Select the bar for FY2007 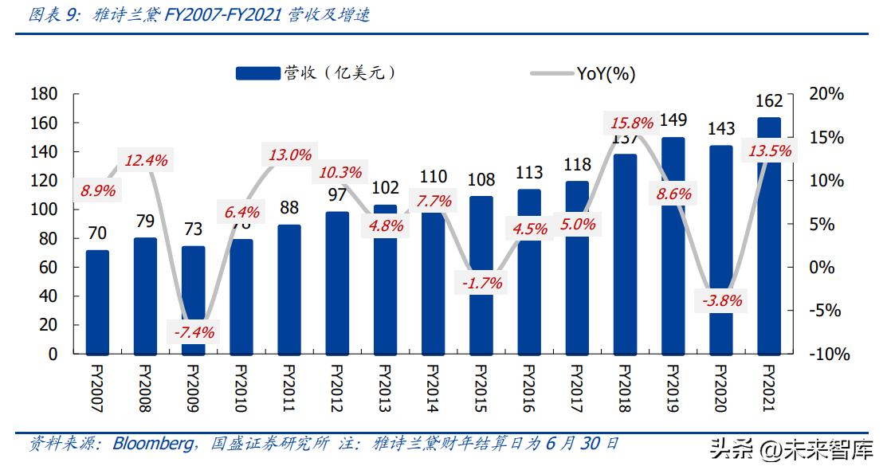[x=97, y=302]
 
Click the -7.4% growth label [x=191, y=332]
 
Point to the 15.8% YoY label [x=631, y=123]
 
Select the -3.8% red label [x=721, y=300]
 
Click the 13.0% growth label [x=289, y=155]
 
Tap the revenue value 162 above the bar [x=768, y=101]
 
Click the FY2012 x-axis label [x=336, y=389]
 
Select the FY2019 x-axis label [x=672, y=389]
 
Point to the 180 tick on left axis [x=44, y=94]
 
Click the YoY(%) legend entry [x=606, y=74]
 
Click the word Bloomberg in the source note [x=151, y=444]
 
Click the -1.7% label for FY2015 [x=481, y=282]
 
